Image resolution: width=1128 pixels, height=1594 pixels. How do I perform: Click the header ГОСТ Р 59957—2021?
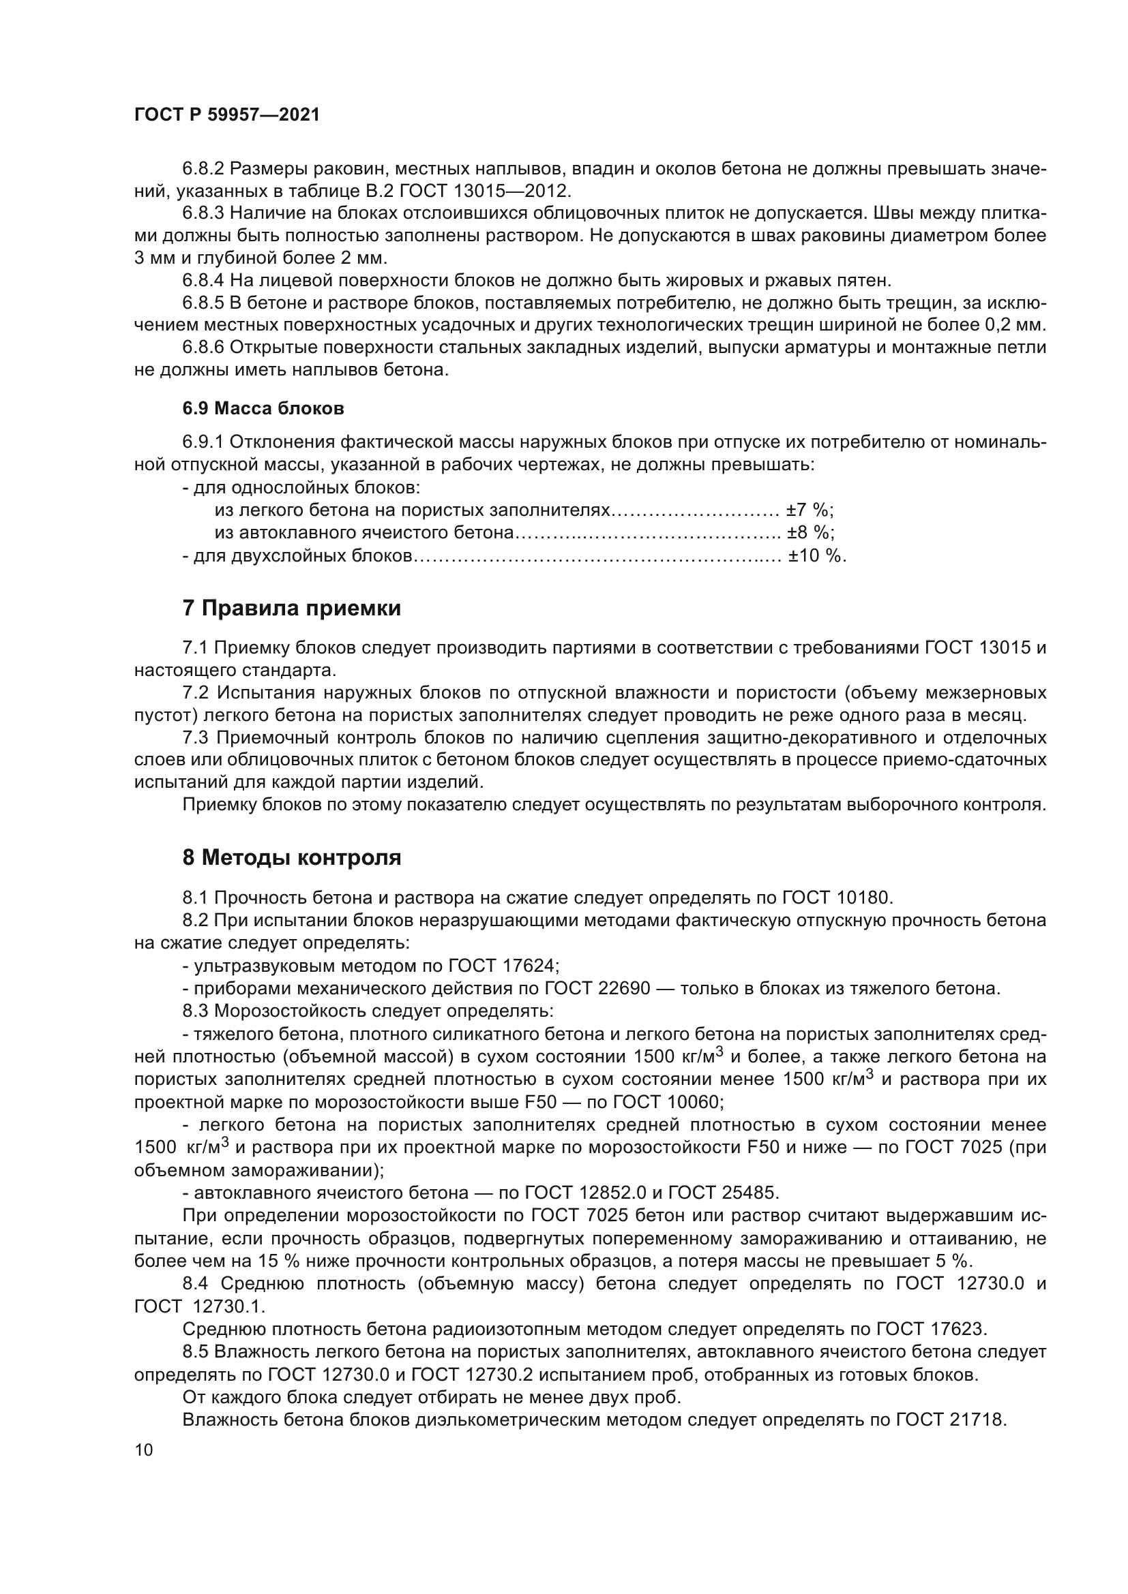[226, 115]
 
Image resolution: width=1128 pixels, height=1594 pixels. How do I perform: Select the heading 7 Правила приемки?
[292, 609]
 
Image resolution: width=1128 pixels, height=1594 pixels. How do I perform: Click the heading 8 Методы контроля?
[292, 858]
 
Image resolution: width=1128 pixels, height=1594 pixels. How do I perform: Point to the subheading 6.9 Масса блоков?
[263, 408]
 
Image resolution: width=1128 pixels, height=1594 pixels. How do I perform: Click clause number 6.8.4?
[203, 281]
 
